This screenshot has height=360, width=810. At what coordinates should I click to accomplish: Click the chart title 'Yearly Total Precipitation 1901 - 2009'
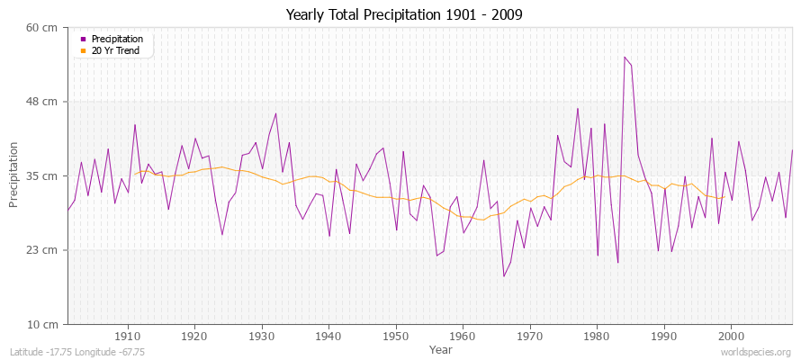(x=404, y=15)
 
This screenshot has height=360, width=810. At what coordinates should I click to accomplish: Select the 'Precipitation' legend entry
(x=116, y=40)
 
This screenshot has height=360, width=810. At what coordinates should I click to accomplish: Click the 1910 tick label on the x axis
(x=128, y=336)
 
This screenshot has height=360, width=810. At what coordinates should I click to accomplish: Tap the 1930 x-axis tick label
(x=262, y=336)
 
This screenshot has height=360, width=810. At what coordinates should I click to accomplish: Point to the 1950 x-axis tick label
(x=395, y=336)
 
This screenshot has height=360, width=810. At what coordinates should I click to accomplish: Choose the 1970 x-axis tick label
(x=529, y=336)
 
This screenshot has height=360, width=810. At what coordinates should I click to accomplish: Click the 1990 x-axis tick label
(x=663, y=336)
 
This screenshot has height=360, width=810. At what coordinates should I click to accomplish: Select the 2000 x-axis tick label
(x=730, y=336)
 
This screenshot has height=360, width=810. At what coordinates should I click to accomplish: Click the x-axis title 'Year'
(x=440, y=348)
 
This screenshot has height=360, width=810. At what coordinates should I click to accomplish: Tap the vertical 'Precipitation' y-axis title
(x=14, y=175)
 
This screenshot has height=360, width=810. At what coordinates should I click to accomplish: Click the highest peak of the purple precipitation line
(x=625, y=57)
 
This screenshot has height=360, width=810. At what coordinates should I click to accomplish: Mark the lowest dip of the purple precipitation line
(x=504, y=276)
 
